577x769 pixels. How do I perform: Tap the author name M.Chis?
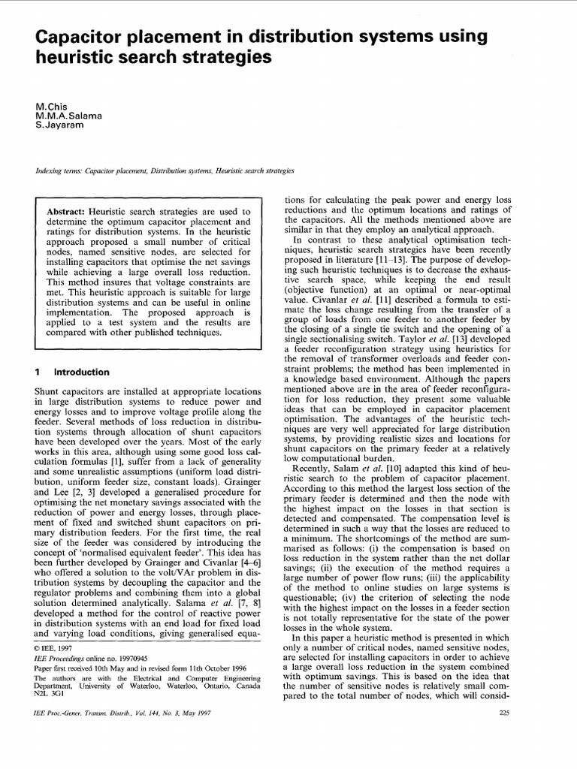50,110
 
